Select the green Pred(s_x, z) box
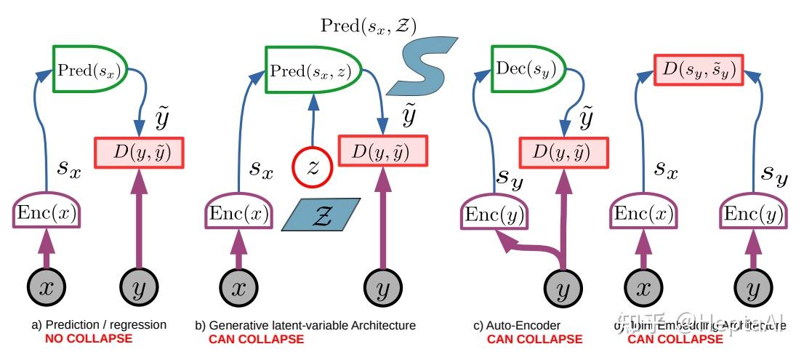(305, 71)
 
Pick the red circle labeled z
(313, 167)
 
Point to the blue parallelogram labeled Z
(321, 215)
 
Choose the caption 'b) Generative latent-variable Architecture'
(305, 326)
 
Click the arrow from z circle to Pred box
(313, 120)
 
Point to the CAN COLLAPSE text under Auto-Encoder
(534, 339)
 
